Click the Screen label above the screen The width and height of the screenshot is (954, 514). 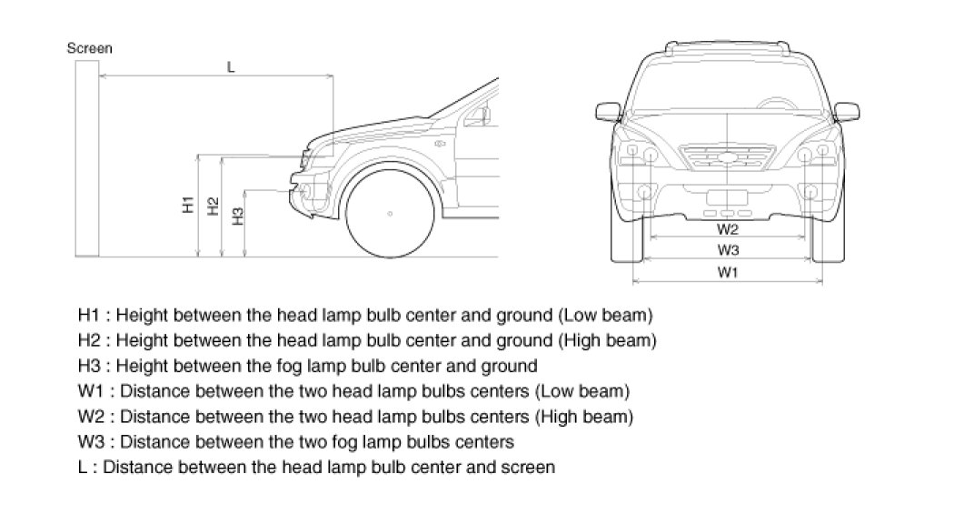click(x=90, y=48)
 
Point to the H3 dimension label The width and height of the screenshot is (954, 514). click(x=238, y=217)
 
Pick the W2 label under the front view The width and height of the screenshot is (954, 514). click(x=728, y=227)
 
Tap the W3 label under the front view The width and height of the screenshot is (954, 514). click(x=728, y=249)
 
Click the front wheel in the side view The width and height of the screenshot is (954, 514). click(x=390, y=214)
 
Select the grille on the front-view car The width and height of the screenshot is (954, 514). click(x=727, y=157)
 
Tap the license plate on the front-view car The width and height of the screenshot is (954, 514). click(x=727, y=196)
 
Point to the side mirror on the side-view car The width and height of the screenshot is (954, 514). click(x=485, y=115)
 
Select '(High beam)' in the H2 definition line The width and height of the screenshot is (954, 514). click(x=611, y=341)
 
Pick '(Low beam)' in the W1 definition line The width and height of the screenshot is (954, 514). click(x=583, y=392)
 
